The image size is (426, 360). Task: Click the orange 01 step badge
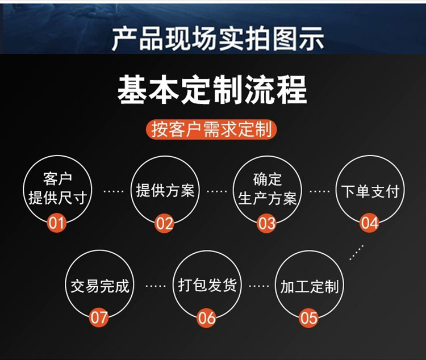click(x=57, y=223)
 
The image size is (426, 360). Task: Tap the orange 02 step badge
click(x=164, y=223)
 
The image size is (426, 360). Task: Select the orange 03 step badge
click(x=266, y=223)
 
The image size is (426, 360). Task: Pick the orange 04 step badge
click(x=369, y=223)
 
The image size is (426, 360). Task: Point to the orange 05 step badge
click(x=308, y=317)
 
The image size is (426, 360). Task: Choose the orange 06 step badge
click(x=207, y=317)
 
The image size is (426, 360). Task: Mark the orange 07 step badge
click(x=99, y=317)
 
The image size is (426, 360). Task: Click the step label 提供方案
click(x=165, y=190)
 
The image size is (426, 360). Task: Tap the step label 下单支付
click(x=370, y=191)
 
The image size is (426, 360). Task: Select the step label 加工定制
click(x=310, y=286)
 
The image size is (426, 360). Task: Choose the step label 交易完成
click(x=100, y=286)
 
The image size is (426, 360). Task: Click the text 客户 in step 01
click(x=57, y=179)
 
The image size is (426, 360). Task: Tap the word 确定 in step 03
click(x=268, y=179)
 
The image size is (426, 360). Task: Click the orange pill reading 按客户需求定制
click(x=211, y=129)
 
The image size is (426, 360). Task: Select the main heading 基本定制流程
click(x=212, y=90)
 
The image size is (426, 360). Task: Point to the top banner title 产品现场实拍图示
click(x=218, y=38)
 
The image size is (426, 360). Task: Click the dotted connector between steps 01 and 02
click(x=114, y=191)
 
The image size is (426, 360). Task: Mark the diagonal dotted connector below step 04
click(x=356, y=253)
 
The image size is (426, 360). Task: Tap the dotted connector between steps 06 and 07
click(x=156, y=286)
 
